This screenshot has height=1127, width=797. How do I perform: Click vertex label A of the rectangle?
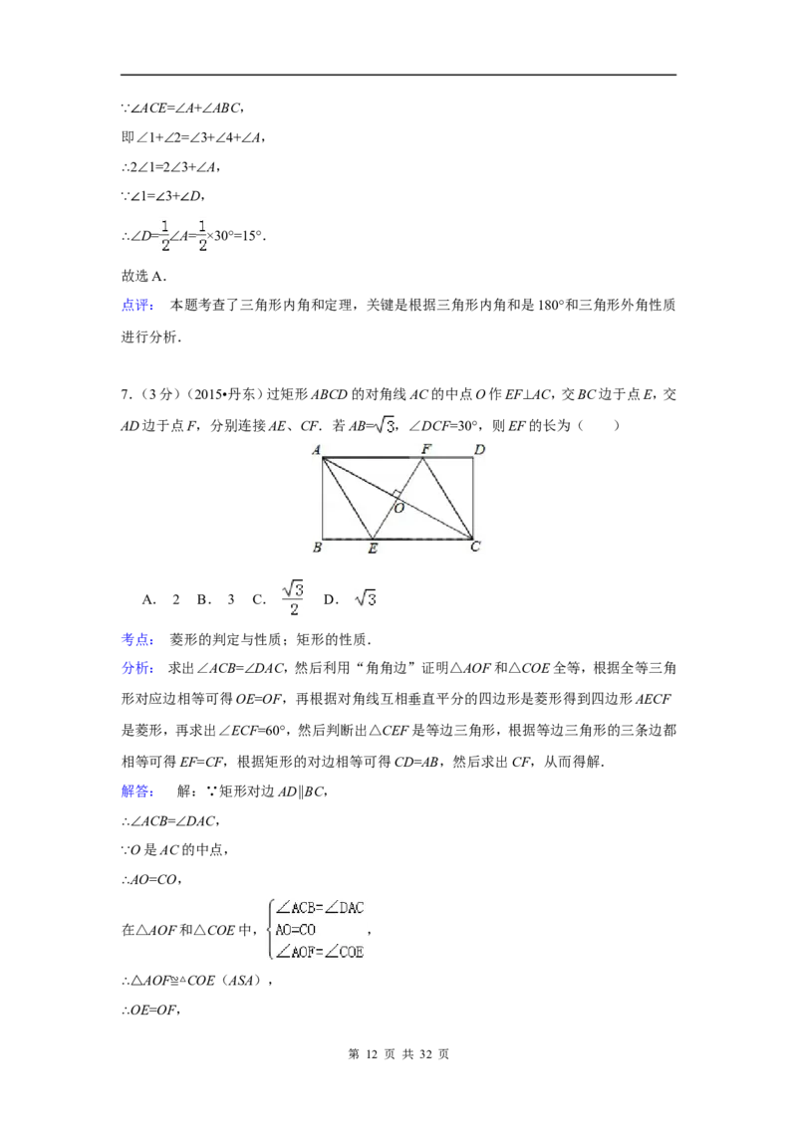[316, 450]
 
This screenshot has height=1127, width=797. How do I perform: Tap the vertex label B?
[317, 548]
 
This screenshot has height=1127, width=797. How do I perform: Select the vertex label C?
[476, 547]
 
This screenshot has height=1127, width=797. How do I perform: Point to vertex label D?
[479, 450]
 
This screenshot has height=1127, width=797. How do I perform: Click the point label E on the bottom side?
[373, 549]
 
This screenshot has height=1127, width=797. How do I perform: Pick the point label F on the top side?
[425, 449]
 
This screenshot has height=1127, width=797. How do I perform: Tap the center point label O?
[398, 508]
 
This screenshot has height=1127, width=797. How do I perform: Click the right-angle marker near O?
[397, 494]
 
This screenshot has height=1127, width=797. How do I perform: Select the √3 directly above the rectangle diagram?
[383, 426]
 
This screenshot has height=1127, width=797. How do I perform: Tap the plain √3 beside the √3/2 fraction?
[367, 599]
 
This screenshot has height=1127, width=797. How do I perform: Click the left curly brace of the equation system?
[269, 930]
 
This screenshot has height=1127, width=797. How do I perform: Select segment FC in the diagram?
[448, 498]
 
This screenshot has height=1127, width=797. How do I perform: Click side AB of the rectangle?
[323, 498]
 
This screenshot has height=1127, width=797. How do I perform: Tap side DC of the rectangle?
[472, 498]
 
